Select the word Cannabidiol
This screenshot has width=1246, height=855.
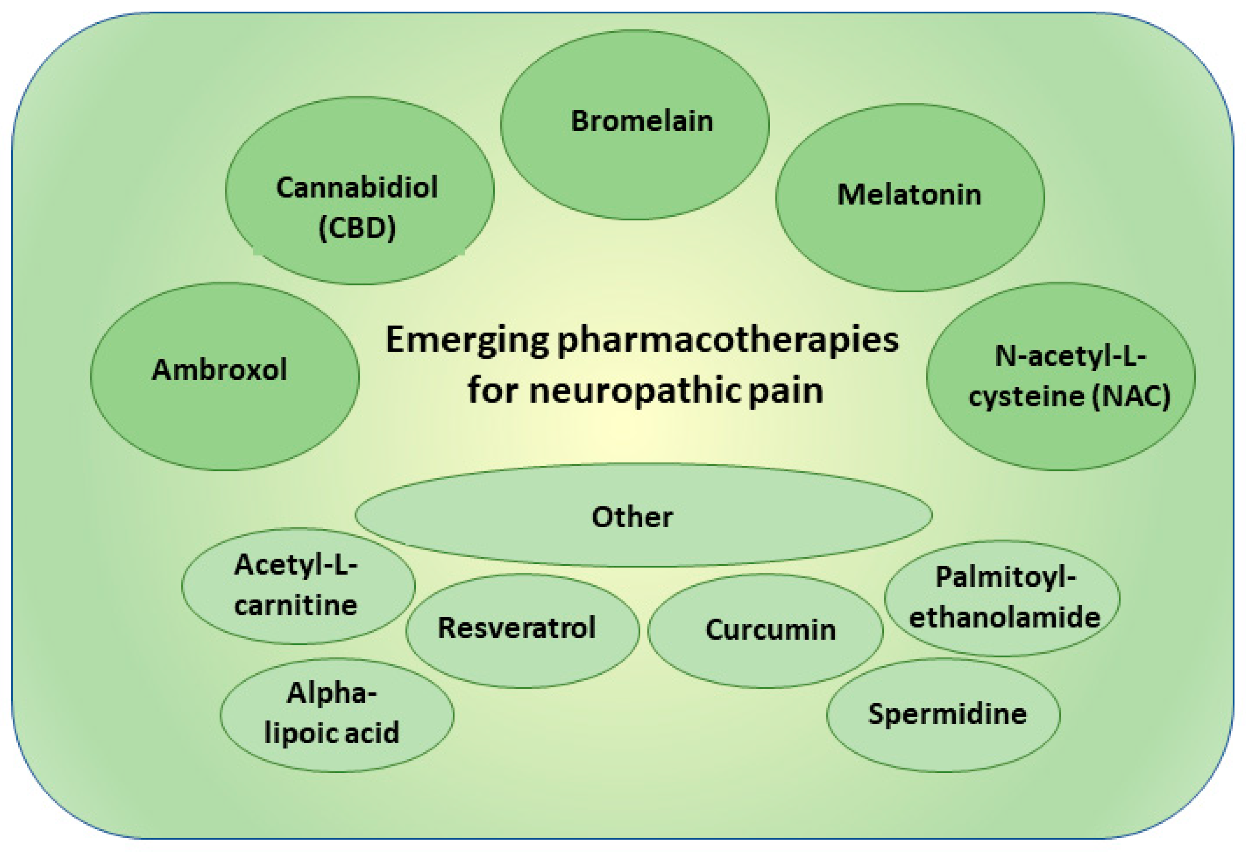pyautogui.click(x=357, y=188)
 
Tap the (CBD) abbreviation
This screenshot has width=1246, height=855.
pyautogui.click(x=357, y=228)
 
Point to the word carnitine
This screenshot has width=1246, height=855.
pyautogui.click(x=296, y=606)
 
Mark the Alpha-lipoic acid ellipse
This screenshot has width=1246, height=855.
pyautogui.click(x=337, y=713)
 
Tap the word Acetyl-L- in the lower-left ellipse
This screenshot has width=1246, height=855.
pyautogui.click(x=296, y=565)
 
